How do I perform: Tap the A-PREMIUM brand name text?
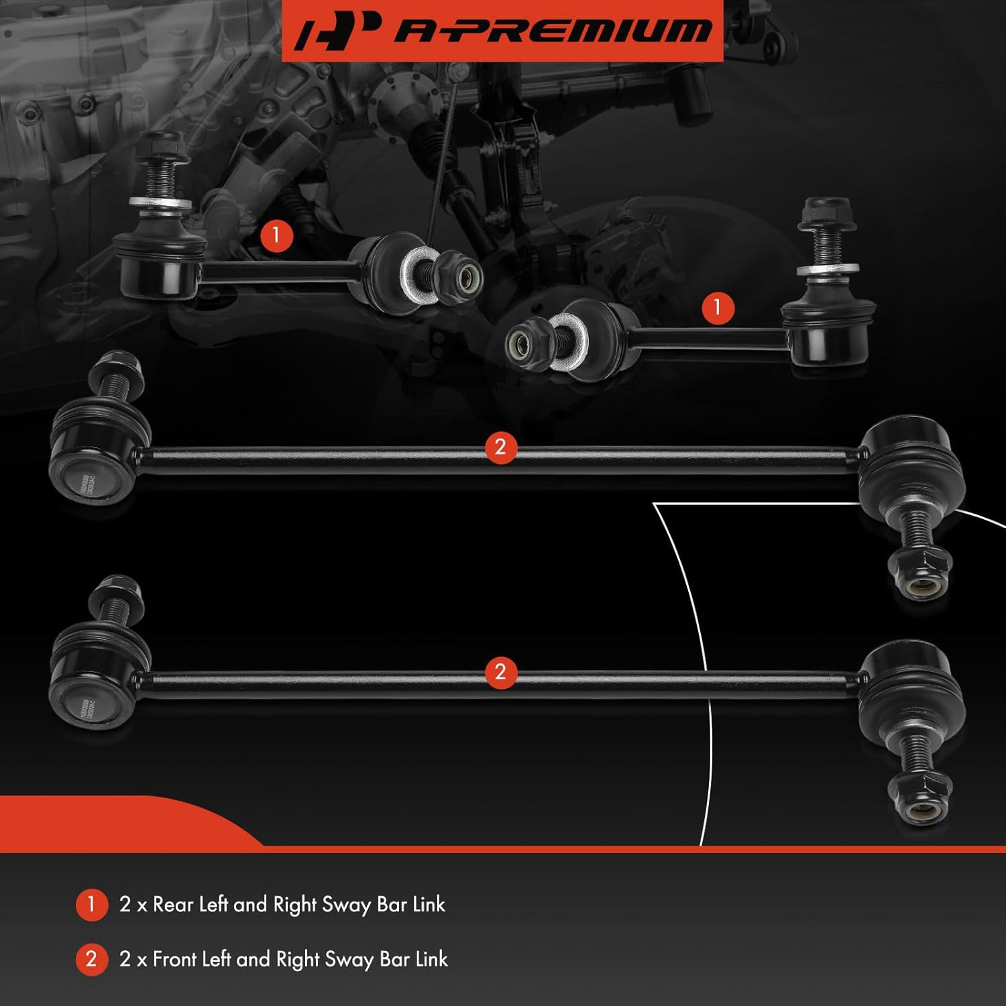click(x=551, y=31)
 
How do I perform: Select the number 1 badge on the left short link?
click(x=276, y=235)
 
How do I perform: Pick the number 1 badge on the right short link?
click(x=718, y=307)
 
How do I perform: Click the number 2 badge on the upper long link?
click(x=500, y=447)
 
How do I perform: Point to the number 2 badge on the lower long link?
click(x=500, y=672)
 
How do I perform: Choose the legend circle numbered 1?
click(x=91, y=905)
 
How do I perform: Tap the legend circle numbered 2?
click(x=91, y=959)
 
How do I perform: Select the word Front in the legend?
click(x=176, y=959)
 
